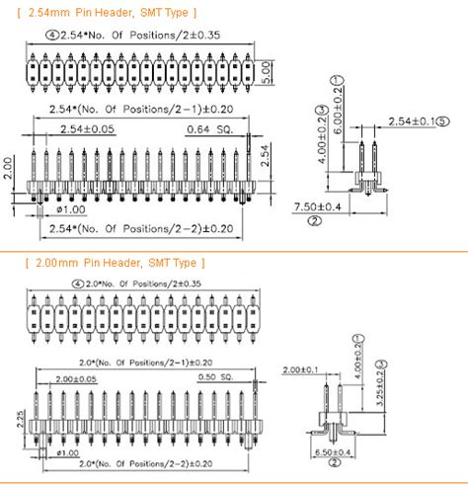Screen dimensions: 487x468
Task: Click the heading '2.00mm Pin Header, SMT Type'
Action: tap(113, 263)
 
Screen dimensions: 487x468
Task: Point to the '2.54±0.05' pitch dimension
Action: tap(87, 129)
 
